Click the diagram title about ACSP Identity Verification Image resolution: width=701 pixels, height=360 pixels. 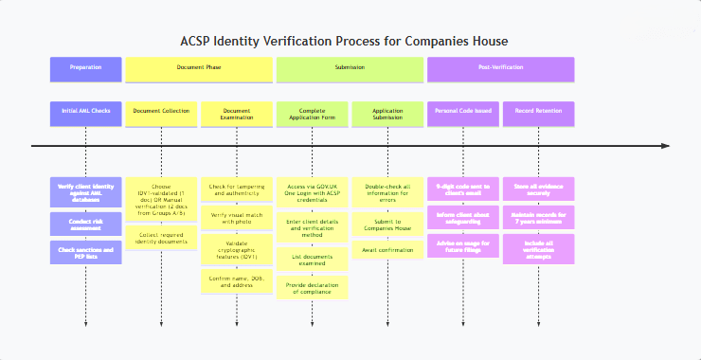(345, 42)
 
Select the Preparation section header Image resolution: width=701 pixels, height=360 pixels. (85, 68)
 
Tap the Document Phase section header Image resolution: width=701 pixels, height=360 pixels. (199, 68)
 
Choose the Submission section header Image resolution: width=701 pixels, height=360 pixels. (350, 68)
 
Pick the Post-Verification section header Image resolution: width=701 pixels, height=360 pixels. (501, 68)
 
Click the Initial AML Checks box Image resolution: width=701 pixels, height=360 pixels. (85, 112)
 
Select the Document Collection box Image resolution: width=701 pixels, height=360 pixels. (161, 112)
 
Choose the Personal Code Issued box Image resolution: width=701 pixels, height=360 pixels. (463, 112)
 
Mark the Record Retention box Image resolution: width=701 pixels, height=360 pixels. (539, 112)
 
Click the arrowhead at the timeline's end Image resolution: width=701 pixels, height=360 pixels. (665, 146)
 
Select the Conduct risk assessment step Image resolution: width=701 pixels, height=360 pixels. (85, 224)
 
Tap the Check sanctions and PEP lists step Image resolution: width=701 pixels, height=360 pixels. (85, 251)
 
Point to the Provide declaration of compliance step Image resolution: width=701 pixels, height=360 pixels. (313, 288)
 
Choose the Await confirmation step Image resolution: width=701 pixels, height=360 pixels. (388, 250)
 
